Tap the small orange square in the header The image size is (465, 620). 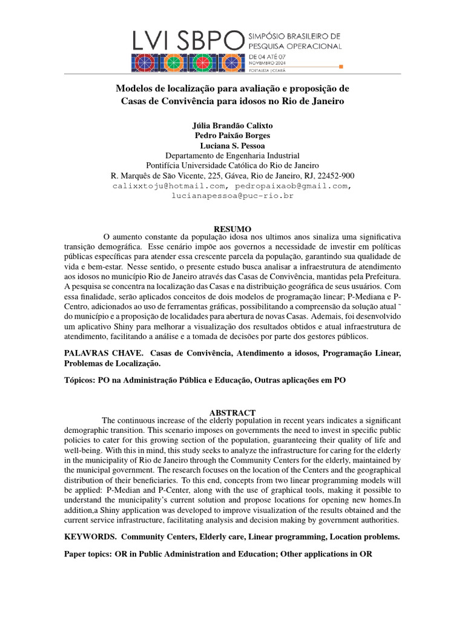pos(342,66)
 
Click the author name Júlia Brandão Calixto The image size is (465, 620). pos(232,125)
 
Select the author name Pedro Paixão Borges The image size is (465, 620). pos(232,136)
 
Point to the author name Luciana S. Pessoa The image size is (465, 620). pos(232,146)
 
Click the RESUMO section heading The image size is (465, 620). pos(232,229)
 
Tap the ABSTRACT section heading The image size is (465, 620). pos(232,412)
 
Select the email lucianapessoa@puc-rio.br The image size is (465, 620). pos(232,196)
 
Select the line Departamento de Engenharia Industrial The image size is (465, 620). pos(232,156)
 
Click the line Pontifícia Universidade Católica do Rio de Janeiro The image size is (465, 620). pos(232,166)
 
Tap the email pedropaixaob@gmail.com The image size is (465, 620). pos(292,186)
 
